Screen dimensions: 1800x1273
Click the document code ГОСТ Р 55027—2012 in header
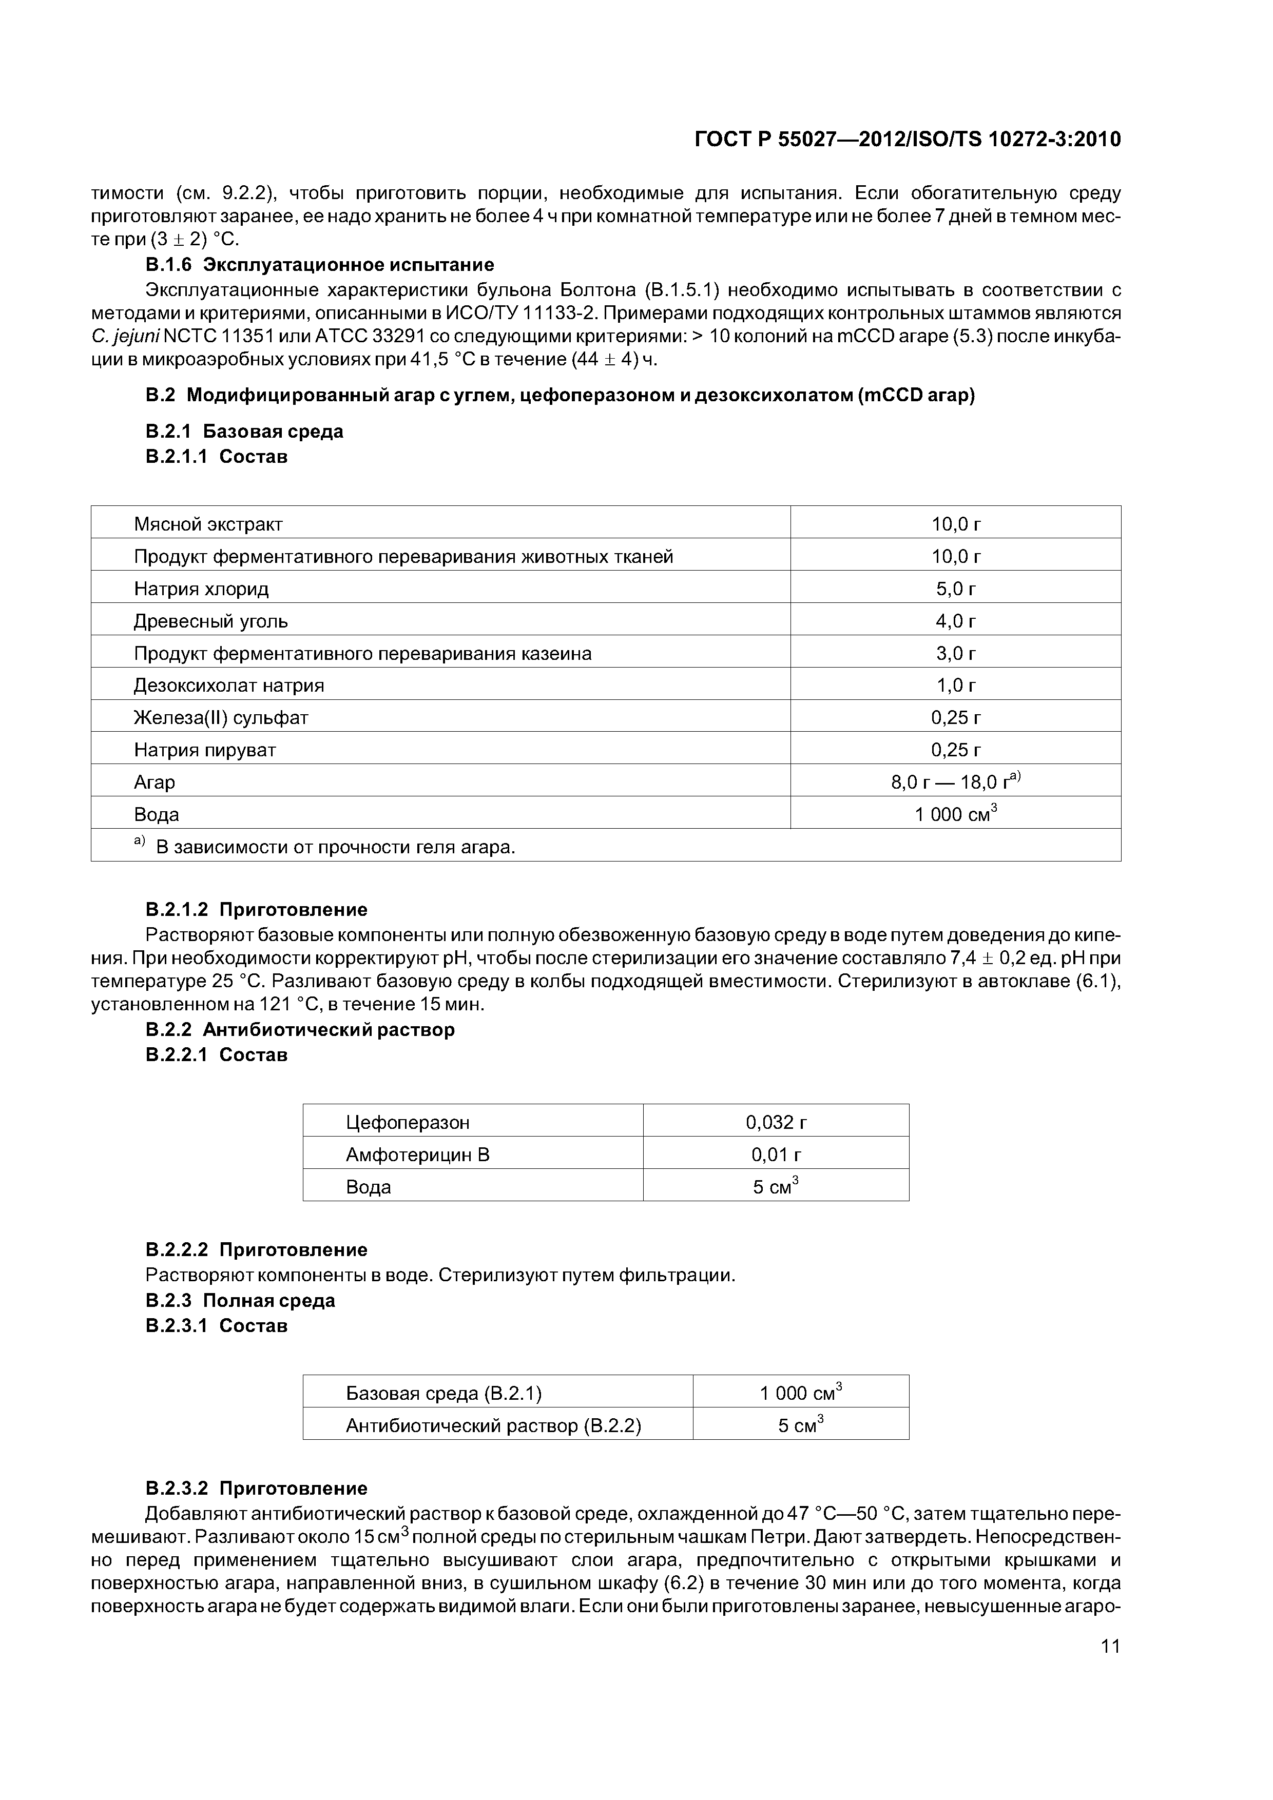click(x=908, y=140)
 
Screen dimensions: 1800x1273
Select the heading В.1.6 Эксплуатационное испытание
click(x=320, y=264)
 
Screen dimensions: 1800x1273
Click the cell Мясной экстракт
click(x=208, y=524)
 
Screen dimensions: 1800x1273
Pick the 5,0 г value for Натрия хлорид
click(x=955, y=588)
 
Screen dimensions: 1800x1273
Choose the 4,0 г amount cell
click(x=955, y=621)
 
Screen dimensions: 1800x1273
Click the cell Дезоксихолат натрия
click(x=228, y=685)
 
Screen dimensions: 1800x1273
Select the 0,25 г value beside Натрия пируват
click(x=955, y=750)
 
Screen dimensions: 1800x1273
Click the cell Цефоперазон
click(x=407, y=1122)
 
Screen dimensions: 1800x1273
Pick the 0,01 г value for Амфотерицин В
click(x=776, y=1154)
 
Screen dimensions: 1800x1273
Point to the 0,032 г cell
click(x=776, y=1122)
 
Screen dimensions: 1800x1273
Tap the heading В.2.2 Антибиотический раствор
click(x=300, y=1029)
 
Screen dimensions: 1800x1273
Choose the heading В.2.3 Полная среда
click(x=240, y=1301)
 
